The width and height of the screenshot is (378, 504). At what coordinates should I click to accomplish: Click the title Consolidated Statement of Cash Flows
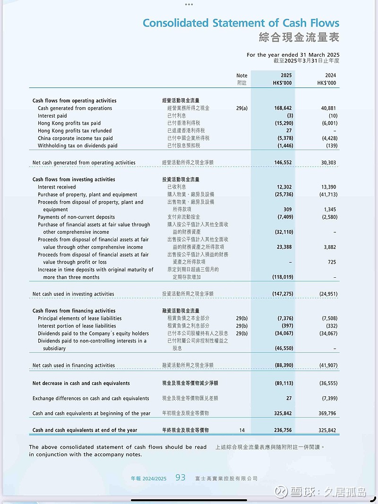(241, 23)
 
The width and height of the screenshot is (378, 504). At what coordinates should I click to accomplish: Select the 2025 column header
(286, 75)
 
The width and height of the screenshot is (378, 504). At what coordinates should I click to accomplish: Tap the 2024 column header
(330, 75)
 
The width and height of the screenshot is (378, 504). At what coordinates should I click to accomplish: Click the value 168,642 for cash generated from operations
(283, 108)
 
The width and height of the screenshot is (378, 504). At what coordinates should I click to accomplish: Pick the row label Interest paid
(52, 116)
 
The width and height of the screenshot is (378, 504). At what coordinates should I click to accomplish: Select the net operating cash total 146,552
(283, 162)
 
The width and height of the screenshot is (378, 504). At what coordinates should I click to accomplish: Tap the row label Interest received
(57, 187)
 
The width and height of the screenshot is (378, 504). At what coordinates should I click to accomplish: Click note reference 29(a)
(241, 108)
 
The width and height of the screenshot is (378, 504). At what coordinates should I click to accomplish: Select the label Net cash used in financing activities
(74, 365)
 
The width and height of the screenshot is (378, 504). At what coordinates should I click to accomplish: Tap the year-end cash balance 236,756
(283, 430)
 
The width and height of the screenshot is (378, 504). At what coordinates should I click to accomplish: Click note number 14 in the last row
(242, 430)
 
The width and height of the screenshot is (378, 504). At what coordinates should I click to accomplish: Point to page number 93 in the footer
(180, 478)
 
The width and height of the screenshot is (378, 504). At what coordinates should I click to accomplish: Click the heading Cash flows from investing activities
(74, 179)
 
